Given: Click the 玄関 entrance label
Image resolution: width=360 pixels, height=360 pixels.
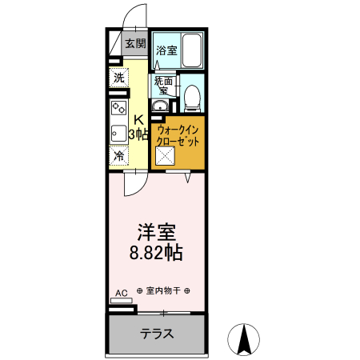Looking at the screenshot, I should pyautogui.click(x=135, y=44).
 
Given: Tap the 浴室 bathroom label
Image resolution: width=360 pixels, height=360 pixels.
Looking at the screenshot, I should pyautogui.click(x=166, y=51).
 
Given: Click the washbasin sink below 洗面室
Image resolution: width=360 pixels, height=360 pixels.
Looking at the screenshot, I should pyautogui.click(x=161, y=107).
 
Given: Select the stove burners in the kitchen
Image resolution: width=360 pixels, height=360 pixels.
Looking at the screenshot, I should pyautogui.click(x=118, y=107).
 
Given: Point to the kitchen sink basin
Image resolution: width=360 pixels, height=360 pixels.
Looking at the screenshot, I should pyautogui.click(x=116, y=133).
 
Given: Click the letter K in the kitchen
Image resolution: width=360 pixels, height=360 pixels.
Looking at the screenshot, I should pyautogui.click(x=138, y=121).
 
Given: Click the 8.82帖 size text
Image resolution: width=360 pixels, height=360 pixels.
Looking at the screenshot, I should pyautogui.click(x=156, y=254).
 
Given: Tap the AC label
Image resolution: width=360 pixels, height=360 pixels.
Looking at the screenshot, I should pyautogui.click(x=121, y=294).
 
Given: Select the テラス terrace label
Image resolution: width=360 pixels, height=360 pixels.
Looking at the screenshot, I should pyautogui.click(x=157, y=334).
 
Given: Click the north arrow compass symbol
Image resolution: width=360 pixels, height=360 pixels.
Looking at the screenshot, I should pyautogui.click(x=245, y=339).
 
